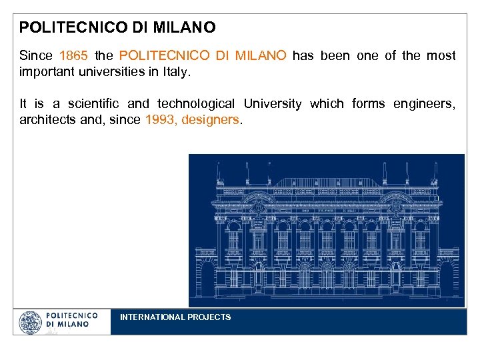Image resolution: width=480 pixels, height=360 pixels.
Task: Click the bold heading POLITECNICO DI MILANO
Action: point(117,28)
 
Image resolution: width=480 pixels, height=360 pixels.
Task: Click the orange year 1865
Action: point(73,56)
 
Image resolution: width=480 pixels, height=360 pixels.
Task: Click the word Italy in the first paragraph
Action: point(176,72)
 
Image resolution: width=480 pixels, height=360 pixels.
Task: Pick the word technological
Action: point(196,104)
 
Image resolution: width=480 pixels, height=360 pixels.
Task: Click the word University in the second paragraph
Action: point(272,104)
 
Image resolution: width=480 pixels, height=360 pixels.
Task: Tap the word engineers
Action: point(425,104)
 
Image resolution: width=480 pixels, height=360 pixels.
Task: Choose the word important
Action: point(47,72)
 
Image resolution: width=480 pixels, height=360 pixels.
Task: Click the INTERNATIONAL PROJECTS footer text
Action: point(175,317)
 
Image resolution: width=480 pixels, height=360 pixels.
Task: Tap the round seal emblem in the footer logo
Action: point(30,323)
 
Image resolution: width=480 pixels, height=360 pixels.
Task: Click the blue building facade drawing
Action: point(326,230)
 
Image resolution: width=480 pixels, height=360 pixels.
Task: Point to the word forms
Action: point(368,104)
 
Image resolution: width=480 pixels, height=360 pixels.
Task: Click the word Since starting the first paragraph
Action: point(35,56)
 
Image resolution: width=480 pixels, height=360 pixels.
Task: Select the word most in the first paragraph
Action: point(443,56)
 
